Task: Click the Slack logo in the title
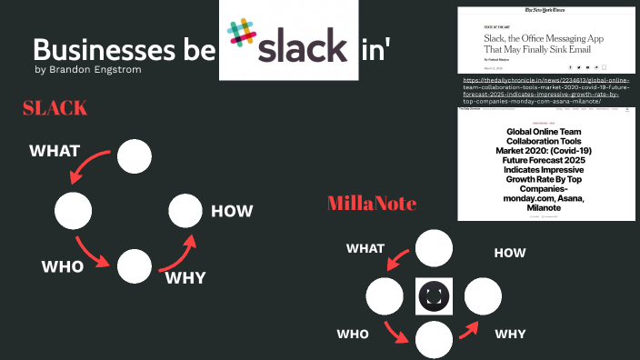pos(288,41)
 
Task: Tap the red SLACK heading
pos(55,108)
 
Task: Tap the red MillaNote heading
pos(372,203)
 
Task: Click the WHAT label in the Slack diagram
pos(55,150)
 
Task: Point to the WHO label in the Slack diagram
pos(63,266)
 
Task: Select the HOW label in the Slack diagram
pos(232,212)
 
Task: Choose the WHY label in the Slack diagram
pos(185,277)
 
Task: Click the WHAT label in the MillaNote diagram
pos(365,247)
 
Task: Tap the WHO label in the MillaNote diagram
pos(353,334)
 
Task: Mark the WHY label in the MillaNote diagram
pos(510,334)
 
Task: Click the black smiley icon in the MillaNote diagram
pos(434,296)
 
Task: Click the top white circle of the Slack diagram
pos(135,157)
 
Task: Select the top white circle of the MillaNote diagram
pos(434,247)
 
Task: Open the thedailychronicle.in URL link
pos(545,92)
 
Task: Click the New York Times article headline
pos(544,43)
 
